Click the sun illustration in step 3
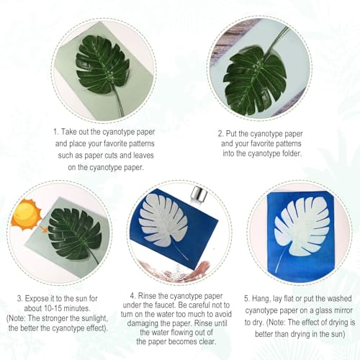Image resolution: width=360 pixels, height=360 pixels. (x=26, y=215)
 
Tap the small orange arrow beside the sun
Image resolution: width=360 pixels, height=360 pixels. (x=44, y=230)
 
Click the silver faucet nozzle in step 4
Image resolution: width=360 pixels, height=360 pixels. (x=198, y=195)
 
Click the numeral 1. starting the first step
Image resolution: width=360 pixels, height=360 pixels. (x=56, y=132)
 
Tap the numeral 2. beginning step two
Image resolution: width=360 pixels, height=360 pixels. (x=221, y=134)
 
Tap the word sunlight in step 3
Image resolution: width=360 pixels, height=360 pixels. (x=94, y=318)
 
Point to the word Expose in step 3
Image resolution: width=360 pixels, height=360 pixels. (x=37, y=299)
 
